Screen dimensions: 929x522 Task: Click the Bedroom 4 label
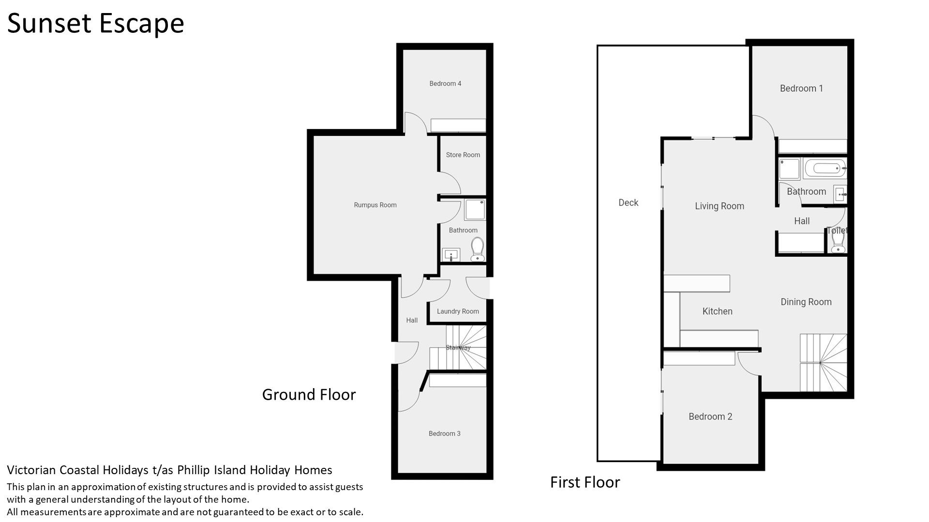(x=445, y=84)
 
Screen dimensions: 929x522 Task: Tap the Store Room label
(x=463, y=155)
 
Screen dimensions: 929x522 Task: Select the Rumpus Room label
(x=375, y=205)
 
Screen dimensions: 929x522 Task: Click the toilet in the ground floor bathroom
(x=478, y=249)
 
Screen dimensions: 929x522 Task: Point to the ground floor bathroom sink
(x=451, y=255)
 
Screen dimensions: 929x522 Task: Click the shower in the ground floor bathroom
(x=475, y=210)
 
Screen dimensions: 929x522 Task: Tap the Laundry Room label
(x=458, y=311)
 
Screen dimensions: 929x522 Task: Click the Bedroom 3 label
(x=445, y=434)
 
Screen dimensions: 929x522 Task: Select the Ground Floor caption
(x=309, y=395)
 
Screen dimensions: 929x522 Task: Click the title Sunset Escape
(x=96, y=23)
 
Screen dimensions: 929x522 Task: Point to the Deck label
(x=629, y=203)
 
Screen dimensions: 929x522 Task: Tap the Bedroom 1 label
(x=801, y=88)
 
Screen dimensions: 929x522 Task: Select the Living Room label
(x=719, y=206)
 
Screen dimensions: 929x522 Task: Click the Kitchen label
(x=718, y=311)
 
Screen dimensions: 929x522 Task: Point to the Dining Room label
(x=806, y=302)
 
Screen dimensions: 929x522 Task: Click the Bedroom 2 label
(x=710, y=417)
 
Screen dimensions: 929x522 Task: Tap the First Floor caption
(x=585, y=482)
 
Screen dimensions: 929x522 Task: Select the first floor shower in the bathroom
(x=790, y=169)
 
